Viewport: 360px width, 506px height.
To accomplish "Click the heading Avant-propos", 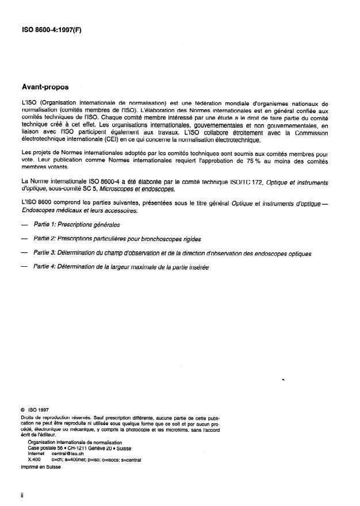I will (x=44, y=87).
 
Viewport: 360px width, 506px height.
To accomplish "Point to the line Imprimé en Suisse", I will (x=41, y=466).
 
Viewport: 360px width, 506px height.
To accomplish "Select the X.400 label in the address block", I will (x=34, y=459).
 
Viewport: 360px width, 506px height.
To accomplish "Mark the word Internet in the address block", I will (x=36, y=453).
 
